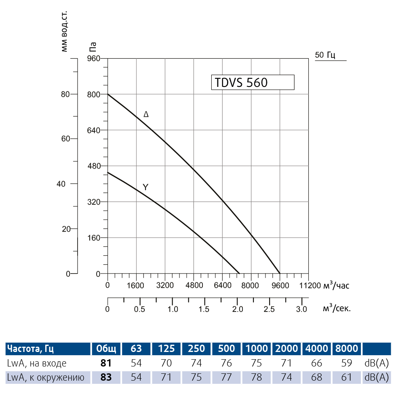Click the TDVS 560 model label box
coord(253,82)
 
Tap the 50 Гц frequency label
coord(325,55)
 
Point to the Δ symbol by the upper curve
coord(146,114)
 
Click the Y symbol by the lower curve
coord(145,187)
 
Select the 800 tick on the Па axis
coord(94,94)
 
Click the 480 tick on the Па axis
coord(94,166)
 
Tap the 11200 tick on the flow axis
coord(310,286)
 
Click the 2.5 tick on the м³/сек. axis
coord(270,309)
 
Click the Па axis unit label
coord(93,47)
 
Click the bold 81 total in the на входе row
coord(106,363)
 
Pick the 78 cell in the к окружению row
coord(257,378)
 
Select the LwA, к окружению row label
coord(46,378)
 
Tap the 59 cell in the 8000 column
coord(346,363)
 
